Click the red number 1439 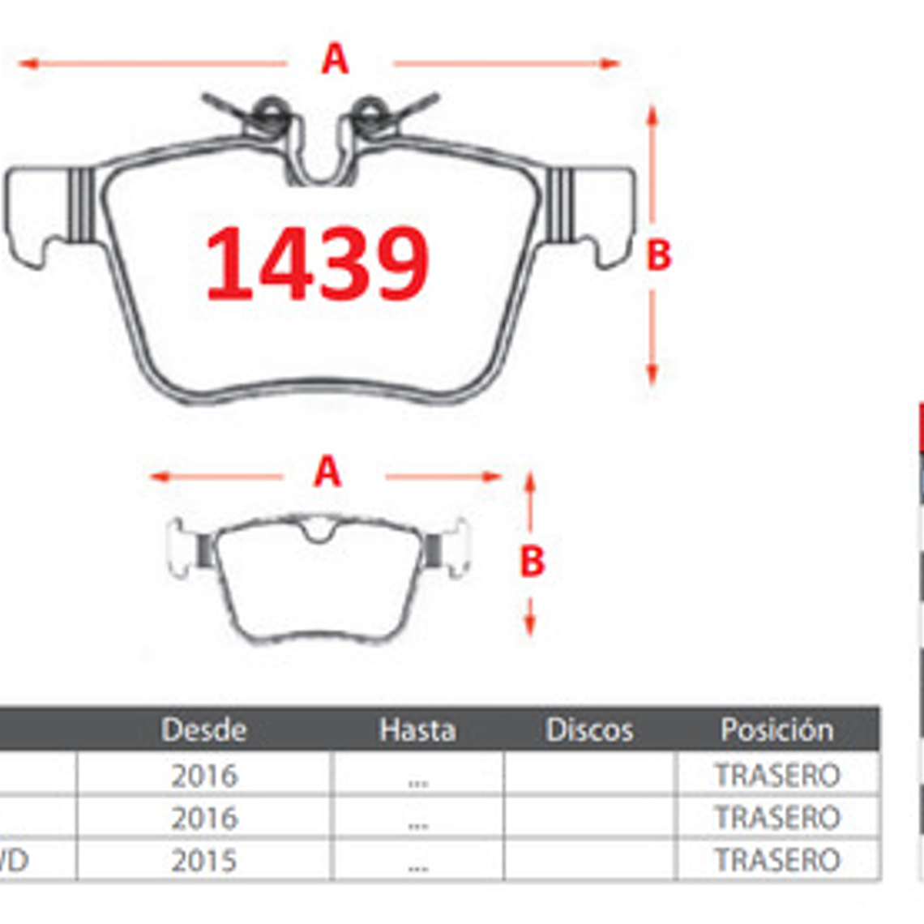pyautogui.click(x=317, y=263)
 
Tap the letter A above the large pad pyautogui.click(x=335, y=59)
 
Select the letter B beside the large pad pyautogui.click(x=658, y=255)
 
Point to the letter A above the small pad pyautogui.click(x=327, y=472)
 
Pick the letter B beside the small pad pyautogui.click(x=532, y=561)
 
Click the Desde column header pyautogui.click(x=203, y=729)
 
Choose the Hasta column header pyautogui.click(x=417, y=729)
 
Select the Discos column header pyautogui.click(x=589, y=729)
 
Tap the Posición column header pyautogui.click(x=776, y=729)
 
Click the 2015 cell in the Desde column pyautogui.click(x=204, y=860)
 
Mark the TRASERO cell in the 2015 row pyautogui.click(x=776, y=860)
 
